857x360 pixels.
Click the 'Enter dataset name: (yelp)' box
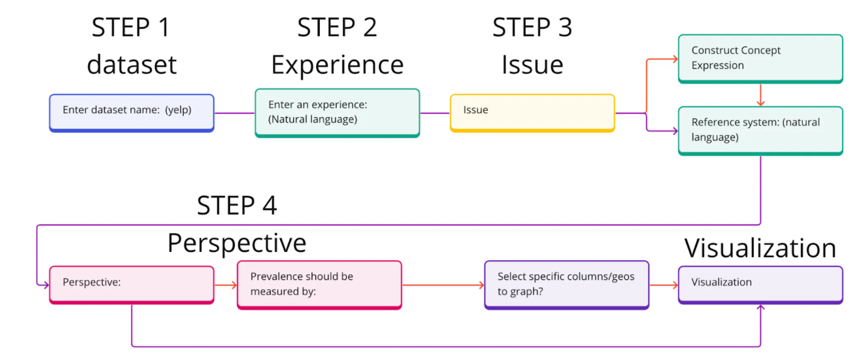point(131,112)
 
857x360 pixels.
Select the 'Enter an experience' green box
point(337,112)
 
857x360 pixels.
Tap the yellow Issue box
point(532,112)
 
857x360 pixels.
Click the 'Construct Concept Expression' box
point(760,58)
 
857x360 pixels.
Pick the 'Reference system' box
point(760,130)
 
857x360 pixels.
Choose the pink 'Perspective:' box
point(131,285)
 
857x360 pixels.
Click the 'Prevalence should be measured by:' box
point(319,285)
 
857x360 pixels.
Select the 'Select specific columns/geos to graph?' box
point(567,285)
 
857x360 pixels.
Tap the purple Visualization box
point(760,285)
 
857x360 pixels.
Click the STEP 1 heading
point(131,28)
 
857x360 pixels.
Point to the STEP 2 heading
point(337,28)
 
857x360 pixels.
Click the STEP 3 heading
point(532,28)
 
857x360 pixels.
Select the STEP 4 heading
point(236,206)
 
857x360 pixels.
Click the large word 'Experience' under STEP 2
point(337,65)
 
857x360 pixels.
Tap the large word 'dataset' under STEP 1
point(131,65)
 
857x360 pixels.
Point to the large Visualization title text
point(760,248)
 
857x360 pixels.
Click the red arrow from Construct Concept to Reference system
point(761,95)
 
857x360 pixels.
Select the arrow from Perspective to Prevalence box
point(226,285)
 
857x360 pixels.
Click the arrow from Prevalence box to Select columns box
point(443,285)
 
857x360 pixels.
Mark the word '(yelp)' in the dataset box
point(178,110)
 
